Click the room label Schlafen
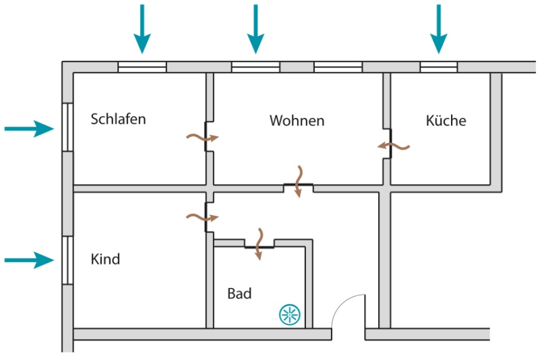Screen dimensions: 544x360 119,119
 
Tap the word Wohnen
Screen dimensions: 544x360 297,121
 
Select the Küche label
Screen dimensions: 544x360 446,120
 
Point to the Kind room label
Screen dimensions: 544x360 105,259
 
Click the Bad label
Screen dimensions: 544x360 239,293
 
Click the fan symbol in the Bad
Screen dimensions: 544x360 290,315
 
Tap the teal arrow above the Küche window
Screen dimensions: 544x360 439,29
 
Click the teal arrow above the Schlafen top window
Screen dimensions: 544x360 142,29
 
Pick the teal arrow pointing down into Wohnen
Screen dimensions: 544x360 255,29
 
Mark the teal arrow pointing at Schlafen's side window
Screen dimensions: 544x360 29,129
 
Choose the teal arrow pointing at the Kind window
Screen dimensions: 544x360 29,260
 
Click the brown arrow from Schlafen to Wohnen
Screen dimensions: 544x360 203,138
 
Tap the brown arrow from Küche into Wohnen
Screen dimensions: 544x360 394,146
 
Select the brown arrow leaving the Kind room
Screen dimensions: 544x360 203,218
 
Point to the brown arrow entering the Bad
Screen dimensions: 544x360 259,244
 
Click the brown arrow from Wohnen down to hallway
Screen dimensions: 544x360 299,181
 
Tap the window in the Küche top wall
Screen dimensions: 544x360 439,67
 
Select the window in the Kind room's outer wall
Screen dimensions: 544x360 67,260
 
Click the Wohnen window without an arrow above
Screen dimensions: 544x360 338,67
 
